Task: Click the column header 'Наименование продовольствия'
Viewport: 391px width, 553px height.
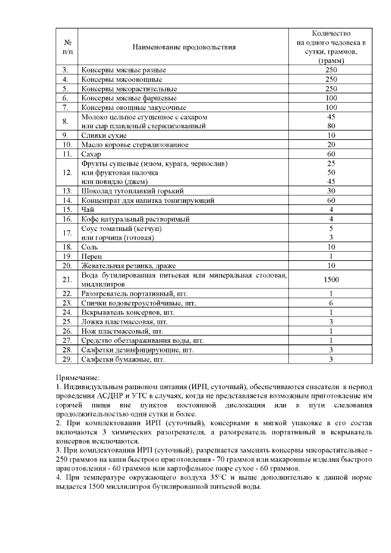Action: click(x=184, y=46)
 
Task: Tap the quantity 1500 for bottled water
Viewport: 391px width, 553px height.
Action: click(x=331, y=279)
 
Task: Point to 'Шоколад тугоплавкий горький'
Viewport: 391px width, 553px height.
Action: click(x=126, y=191)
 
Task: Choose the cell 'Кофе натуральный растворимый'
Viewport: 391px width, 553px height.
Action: click(x=135, y=218)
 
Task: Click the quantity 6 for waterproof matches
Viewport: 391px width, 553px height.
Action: click(x=331, y=302)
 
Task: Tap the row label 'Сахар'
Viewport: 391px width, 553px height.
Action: click(x=92, y=154)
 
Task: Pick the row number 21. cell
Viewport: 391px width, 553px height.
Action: click(x=67, y=279)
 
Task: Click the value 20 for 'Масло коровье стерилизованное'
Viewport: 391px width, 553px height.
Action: click(x=331, y=145)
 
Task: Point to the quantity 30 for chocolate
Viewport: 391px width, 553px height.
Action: click(x=331, y=191)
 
